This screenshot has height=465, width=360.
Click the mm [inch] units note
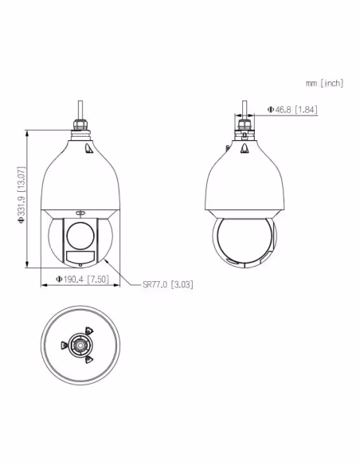point(324,83)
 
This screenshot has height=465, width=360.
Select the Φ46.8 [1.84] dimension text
point(292,109)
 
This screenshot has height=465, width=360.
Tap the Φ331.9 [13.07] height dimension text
point(22,195)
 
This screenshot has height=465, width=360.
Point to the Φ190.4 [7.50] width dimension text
point(83,279)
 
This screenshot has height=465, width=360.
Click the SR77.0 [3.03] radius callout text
point(168,285)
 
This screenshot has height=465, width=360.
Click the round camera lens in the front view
point(80,236)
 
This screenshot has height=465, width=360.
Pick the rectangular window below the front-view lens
point(80,256)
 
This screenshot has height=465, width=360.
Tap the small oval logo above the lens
point(80,213)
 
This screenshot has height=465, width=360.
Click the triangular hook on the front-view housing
point(88,149)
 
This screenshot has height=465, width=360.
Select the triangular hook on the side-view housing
point(244,148)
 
